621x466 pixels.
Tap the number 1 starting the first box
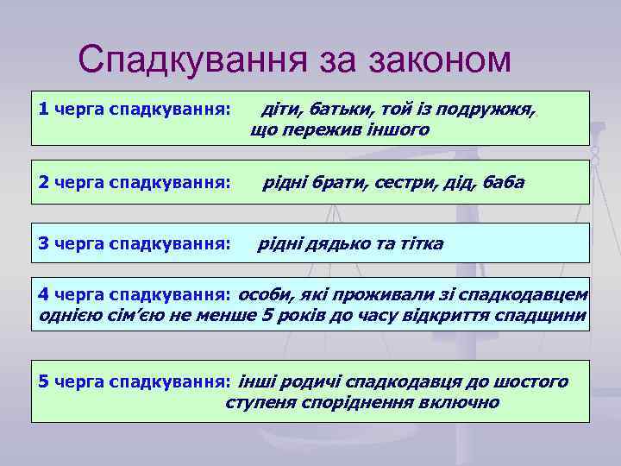click(x=44, y=110)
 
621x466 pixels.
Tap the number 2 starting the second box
click(x=44, y=182)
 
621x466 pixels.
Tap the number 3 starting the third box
click(x=44, y=244)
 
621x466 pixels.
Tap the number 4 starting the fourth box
click(x=44, y=296)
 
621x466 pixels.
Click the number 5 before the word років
click(x=267, y=316)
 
